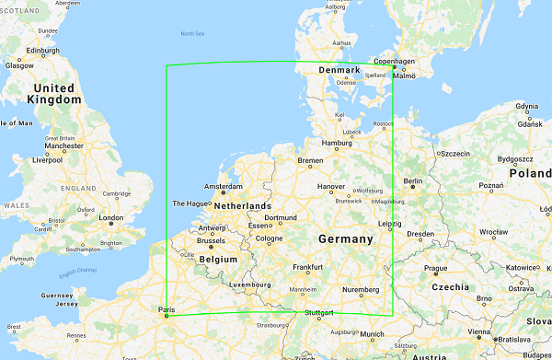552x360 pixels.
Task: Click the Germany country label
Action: [346, 239]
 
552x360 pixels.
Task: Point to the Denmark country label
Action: [339, 70]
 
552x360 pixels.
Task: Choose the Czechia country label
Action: [452, 287]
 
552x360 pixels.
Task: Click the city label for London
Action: [110, 218]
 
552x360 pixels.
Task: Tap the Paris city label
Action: [167, 309]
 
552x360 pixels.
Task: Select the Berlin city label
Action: [413, 182]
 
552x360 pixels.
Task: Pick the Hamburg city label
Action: [338, 143]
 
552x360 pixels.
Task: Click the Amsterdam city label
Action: [224, 186]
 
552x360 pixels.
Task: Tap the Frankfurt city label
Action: [307, 267]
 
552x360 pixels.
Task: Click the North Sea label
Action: [192, 34]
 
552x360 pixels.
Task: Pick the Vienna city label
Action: [477, 331]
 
